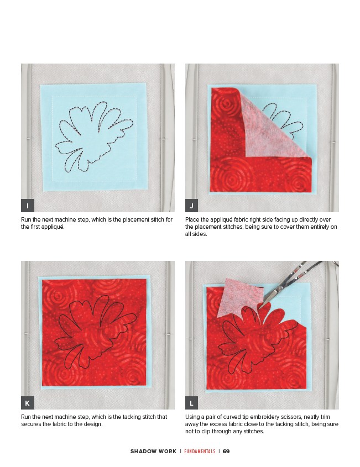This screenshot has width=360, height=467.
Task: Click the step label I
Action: point(28,206)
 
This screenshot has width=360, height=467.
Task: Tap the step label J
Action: point(192,206)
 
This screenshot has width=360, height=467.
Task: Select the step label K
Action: point(28,403)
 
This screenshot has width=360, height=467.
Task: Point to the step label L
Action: point(192,403)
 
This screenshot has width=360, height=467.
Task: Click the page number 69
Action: point(226,451)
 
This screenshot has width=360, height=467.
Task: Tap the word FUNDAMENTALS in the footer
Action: point(200,451)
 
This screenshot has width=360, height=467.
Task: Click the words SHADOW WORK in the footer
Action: point(153,451)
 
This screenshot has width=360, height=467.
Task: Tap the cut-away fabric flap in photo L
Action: point(237,298)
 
